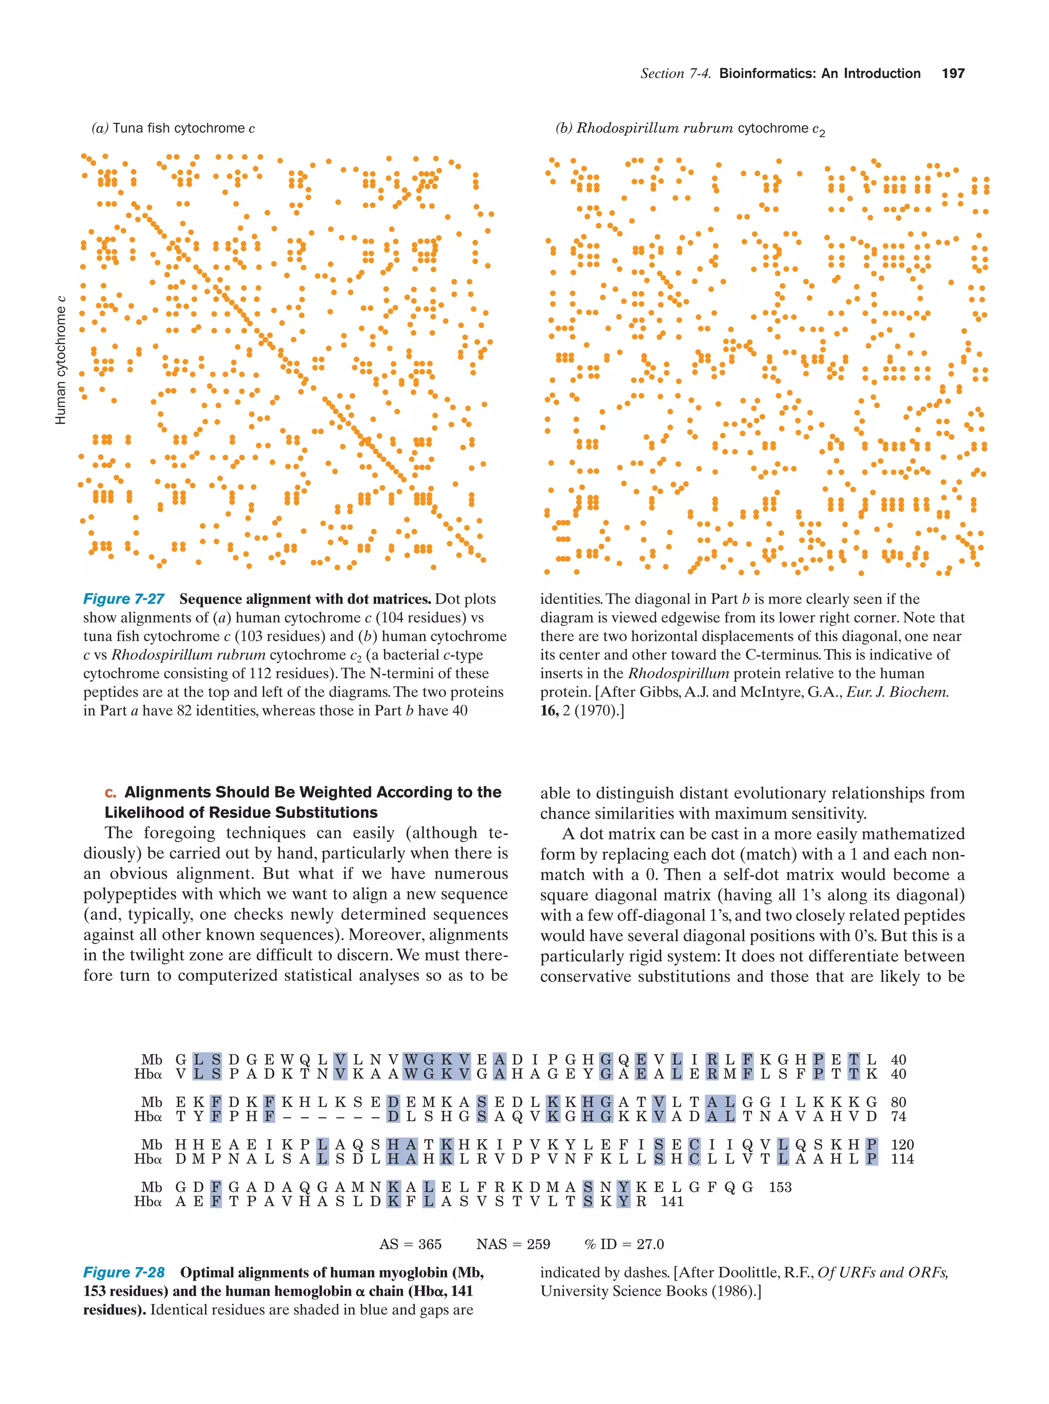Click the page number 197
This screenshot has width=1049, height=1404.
[x=953, y=74]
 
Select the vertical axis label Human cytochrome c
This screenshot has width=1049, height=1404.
[x=61, y=360]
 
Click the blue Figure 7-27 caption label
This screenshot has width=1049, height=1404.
[x=124, y=599]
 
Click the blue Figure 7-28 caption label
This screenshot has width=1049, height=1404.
[x=124, y=1272]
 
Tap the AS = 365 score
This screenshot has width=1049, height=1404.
[x=410, y=1244]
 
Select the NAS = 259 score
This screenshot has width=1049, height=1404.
[x=513, y=1244]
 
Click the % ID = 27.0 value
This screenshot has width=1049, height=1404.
[x=624, y=1244]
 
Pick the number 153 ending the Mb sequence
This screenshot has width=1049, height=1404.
[x=780, y=1187]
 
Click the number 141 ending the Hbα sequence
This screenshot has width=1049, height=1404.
[x=672, y=1202]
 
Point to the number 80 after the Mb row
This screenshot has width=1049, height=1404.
[x=898, y=1102]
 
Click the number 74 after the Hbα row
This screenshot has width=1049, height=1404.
[x=898, y=1117]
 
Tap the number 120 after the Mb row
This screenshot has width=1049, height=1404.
[x=902, y=1144]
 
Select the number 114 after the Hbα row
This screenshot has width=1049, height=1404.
[x=902, y=1159]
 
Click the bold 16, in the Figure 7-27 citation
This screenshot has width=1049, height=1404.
[x=549, y=711]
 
